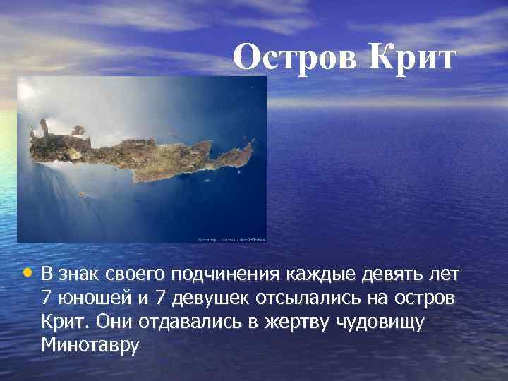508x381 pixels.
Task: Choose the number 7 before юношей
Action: tap(47, 298)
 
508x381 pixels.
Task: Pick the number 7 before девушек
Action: tap(159, 298)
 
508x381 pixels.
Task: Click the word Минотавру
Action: tap(91, 346)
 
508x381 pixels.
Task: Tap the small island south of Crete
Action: tap(83, 194)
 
